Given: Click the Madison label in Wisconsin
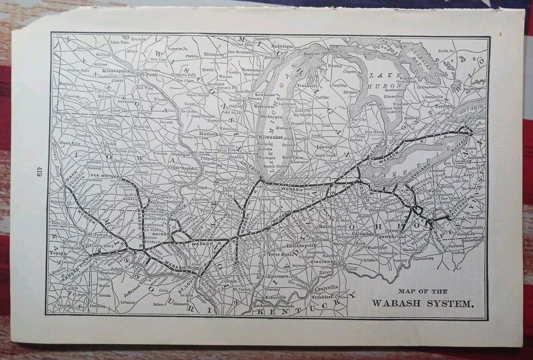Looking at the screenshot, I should coord(208,134).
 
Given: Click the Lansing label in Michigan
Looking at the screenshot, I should coord(324,146).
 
